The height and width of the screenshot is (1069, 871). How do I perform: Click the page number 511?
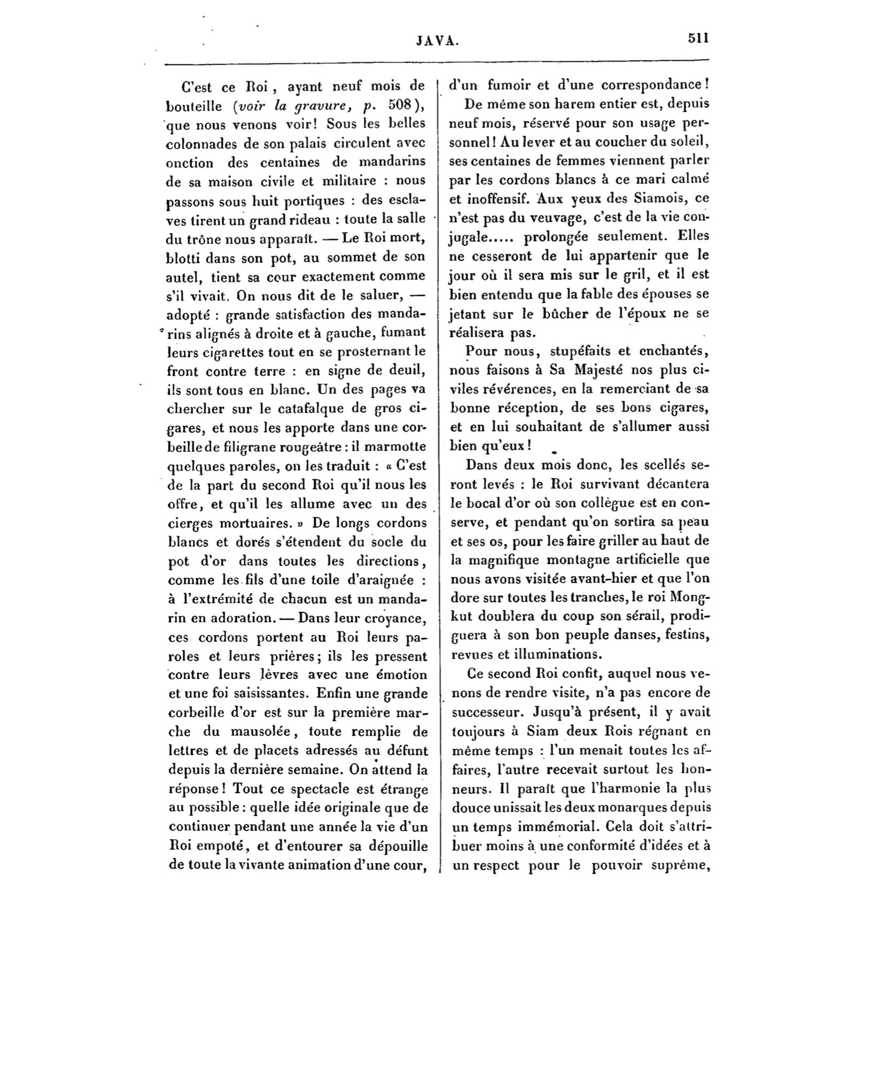pos(698,38)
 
